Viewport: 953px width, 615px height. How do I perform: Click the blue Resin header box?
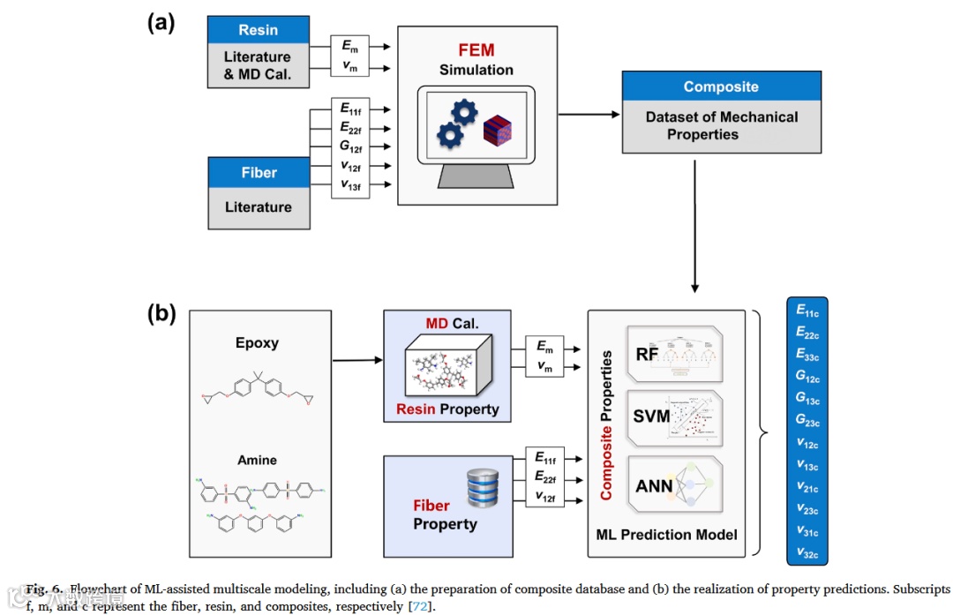pyautogui.click(x=259, y=30)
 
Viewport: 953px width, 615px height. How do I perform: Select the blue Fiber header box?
pyautogui.click(x=259, y=173)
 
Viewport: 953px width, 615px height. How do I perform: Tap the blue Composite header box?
pyautogui.click(x=721, y=87)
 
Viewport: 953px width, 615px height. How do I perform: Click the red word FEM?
pyautogui.click(x=476, y=50)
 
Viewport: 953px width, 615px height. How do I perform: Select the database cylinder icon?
pyautogui.click(x=484, y=487)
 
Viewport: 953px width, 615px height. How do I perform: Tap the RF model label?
pyautogui.click(x=648, y=355)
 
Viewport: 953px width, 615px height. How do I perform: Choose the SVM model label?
pyautogui.click(x=652, y=416)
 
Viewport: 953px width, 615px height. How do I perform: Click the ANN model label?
pyautogui.click(x=655, y=485)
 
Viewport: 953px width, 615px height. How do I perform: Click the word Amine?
pyautogui.click(x=257, y=460)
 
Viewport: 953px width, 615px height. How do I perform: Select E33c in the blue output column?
pyautogui.click(x=807, y=354)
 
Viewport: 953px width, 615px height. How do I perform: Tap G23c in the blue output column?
pyautogui.click(x=807, y=420)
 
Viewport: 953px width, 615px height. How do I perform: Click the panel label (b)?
pyautogui.click(x=161, y=313)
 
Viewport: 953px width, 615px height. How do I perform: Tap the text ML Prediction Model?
pyautogui.click(x=667, y=534)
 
